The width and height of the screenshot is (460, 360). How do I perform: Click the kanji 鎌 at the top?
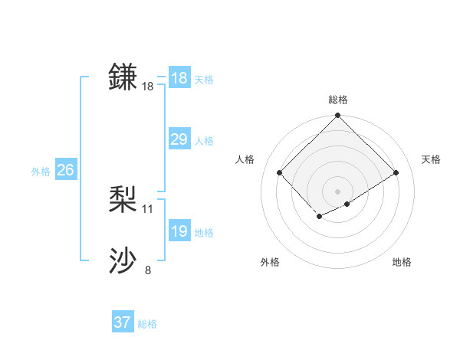(x=123, y=77)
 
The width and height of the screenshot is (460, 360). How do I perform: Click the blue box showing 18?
(x=179, y=78)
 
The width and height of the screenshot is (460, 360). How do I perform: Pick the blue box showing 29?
(x=179, y=139)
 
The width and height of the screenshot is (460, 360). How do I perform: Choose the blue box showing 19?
(x=179, y=231)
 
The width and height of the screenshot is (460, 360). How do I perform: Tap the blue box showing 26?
(x=65, y=170)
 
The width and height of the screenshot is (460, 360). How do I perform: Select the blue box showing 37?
(x=122, y=322)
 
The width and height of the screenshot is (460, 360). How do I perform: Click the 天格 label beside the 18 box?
(x=204, y=79)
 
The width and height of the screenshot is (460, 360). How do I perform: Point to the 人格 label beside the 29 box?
(x=204, y=140)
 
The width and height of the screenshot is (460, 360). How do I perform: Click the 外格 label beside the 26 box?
(x=41, y=171)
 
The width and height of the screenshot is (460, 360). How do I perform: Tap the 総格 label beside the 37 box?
(x=147, y=323)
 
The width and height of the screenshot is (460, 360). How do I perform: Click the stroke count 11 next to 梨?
(x=148, y=208)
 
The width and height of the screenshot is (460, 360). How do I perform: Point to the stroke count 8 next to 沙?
(x=148, y=270)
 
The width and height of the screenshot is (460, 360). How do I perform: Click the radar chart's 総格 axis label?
(x=337, y=100)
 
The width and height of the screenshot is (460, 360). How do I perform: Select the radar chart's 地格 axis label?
(x=402, y=262)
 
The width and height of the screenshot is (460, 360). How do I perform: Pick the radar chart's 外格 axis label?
(x=270, y=262)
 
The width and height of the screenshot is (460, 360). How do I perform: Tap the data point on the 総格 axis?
(x=337, y=116)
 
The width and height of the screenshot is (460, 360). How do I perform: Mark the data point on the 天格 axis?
(x=396, y=172)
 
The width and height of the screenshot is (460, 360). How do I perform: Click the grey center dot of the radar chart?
(x=337, y=191)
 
